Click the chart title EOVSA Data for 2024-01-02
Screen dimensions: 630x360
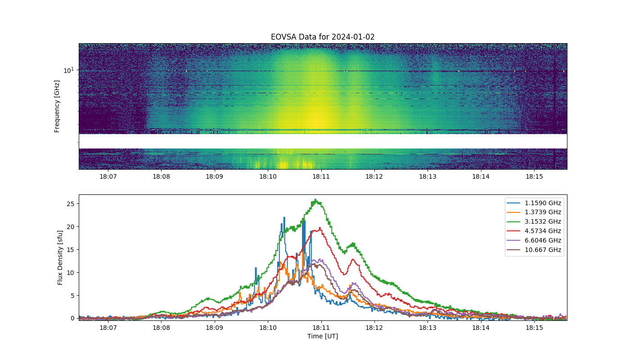pyautogui.click(x=323, y=37)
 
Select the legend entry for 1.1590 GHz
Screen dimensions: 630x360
pyautogui.click(x=534, y=203)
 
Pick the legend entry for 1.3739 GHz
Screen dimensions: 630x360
pyautogui.click(x=534, y=212)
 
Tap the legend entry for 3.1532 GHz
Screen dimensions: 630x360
pyautogui.click(x=534, y=221)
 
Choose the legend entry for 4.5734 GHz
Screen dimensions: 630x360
pyautogui.click(x=534, y=231)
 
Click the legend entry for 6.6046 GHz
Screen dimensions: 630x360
pyautogui.click(x=534, y=240)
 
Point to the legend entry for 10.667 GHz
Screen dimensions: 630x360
pyautogui.click(x=534, y=250)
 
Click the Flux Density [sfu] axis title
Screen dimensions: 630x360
pyautogui.click(x=60, y=257)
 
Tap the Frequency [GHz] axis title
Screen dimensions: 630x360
pyautogui.click(x=57, y=106)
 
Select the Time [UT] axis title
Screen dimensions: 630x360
pyautogui.click(x=323, y=337)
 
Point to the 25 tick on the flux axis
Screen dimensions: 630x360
pyautogui.click(x=70, y=204)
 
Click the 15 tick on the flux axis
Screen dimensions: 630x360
pyautogui.click(x=70, y=250)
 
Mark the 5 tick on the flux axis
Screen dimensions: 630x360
pyautogui.click(x=72, y=296)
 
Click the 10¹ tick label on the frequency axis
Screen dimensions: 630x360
pyautogui.click(x=69, y=70)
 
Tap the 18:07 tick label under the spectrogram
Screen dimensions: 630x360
pyautogui.click(x=108, y=176)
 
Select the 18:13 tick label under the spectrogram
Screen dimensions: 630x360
pyautogui.click(x=428, y=176)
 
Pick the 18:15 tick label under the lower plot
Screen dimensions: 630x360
pyautogui.click(x=535, y=328)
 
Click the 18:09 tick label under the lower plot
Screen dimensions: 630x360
pyautogui.click(x=215, y=328)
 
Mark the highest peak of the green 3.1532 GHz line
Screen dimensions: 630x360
pyautogui.click(x=315, y=199)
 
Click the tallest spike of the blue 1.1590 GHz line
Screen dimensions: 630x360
pyautogui.click(x=284, y=217)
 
